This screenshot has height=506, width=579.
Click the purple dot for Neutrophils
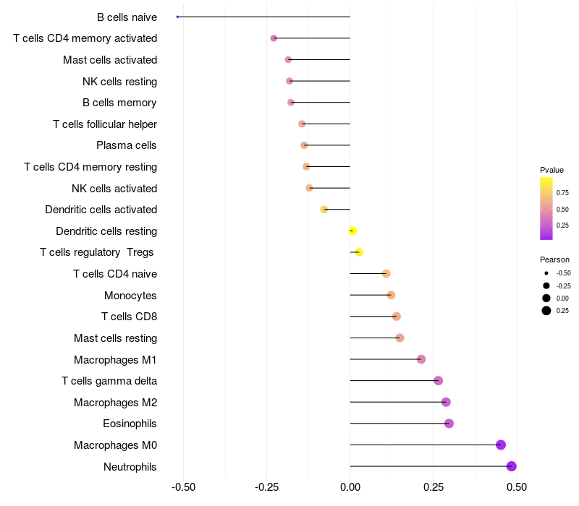[x=511, y=466]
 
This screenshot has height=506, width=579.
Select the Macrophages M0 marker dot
[x=501, y=445]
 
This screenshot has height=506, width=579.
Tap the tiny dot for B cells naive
[x=177, y=17]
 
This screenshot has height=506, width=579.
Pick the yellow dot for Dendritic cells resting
[x=352, y=231]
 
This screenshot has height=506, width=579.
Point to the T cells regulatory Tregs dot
[x=359, y=252]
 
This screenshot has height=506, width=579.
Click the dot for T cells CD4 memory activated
[x=274, y=38]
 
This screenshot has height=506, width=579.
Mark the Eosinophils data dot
[x=449, y=424]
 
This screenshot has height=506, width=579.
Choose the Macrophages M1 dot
[x=421, y=359]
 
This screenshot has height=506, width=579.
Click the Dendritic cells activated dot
[x=324, y=210]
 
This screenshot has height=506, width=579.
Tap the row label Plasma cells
[x=126, y=145]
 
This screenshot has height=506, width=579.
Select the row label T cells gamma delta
[x=109, y=381]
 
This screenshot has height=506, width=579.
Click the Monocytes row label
[x=130, y=296]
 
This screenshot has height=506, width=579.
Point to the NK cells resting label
[x=120, y=82]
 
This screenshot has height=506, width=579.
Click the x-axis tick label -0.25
[x=266, y=487]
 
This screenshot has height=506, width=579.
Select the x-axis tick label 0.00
[x=350, y=487]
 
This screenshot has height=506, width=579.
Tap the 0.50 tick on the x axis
[x=517, y=487]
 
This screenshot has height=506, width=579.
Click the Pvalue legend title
[x=551, y=170]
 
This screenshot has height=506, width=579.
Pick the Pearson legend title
[x=554, y=260]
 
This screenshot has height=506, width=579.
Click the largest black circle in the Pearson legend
[x=546, y=311]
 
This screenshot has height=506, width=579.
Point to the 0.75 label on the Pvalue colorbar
[x=562, y=193]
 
